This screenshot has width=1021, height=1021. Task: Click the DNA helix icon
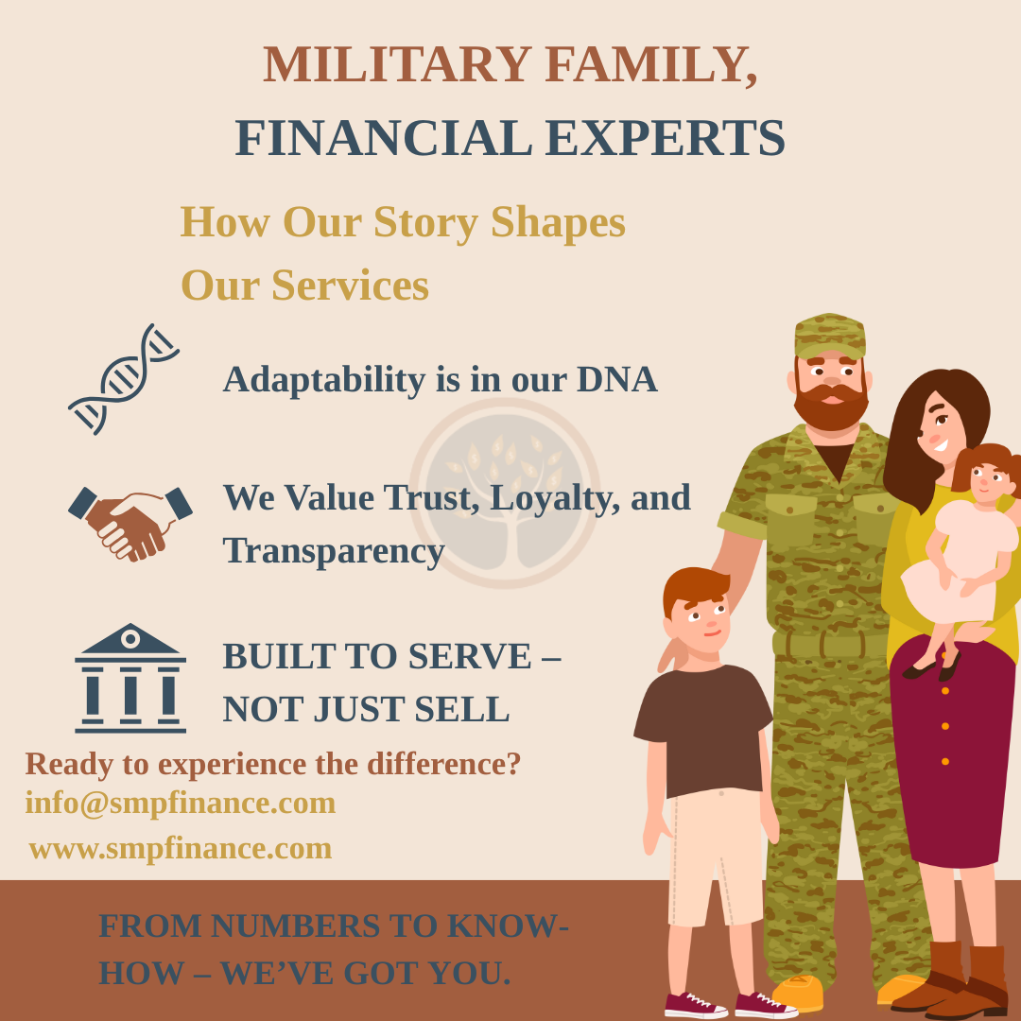tap(124, 378)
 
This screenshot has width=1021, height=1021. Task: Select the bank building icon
tap(130, 678)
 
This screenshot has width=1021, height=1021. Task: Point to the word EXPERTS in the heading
tap(666, 137)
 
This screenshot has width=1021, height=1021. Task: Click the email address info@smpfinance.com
tap(181, 803)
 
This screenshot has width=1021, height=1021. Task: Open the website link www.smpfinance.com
tap(181, 848)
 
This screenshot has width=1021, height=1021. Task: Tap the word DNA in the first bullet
tap(616, 379)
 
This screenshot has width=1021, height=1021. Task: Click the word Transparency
tap(334, 550)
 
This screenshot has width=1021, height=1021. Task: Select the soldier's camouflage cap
tap(829, 335)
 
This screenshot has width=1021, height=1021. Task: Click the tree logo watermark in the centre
tap(505, 493)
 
